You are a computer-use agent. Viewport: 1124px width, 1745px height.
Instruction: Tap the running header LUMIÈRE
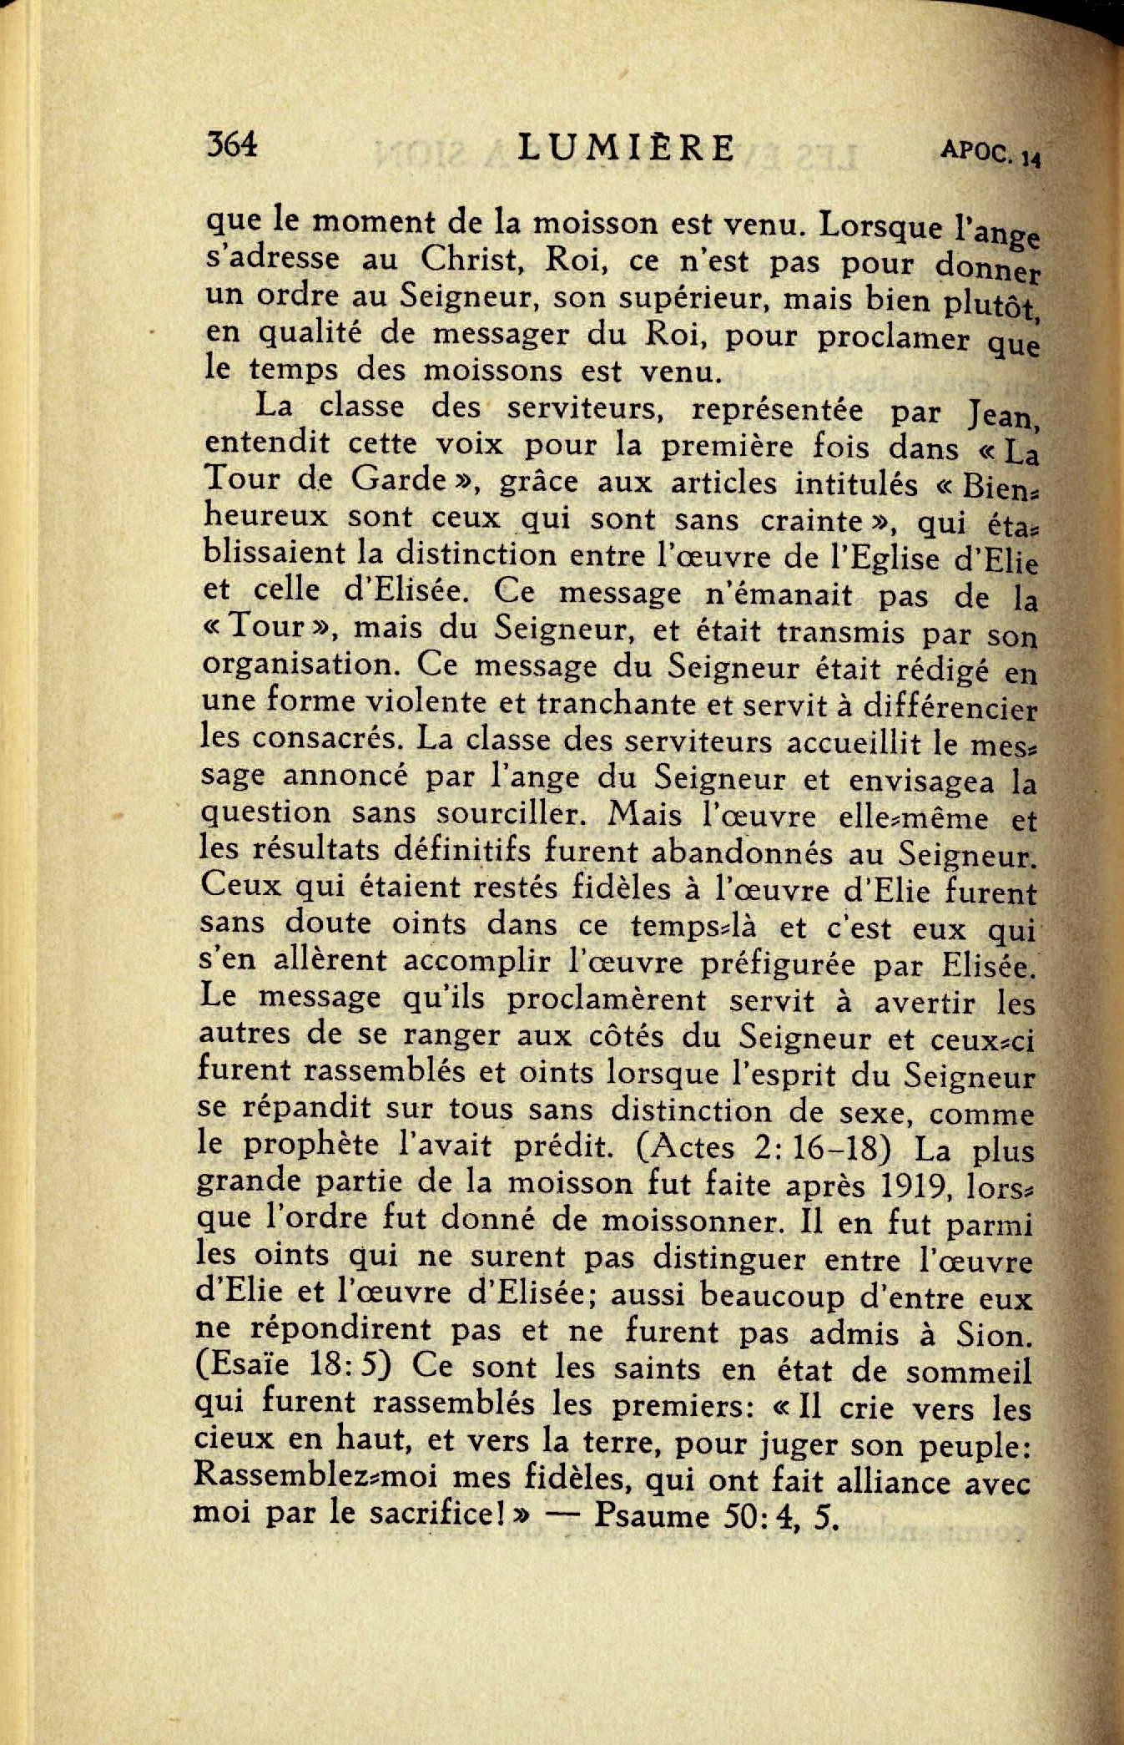tap(626, 148)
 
